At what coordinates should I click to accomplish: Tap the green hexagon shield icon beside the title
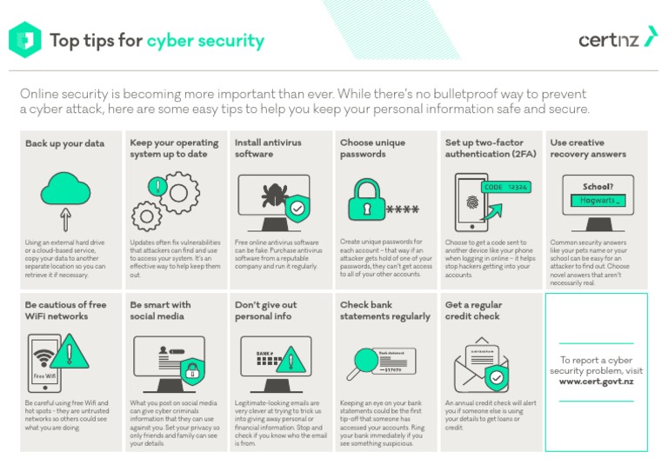(24, 39)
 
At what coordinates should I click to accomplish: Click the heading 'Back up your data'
(64, 143)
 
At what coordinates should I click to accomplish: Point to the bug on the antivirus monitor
(270, 193)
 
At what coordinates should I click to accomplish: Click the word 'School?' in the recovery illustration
(598, 186)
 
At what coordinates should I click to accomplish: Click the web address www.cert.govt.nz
(596, 382)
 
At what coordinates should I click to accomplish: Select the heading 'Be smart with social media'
(160, 311)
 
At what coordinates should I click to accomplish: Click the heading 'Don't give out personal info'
(265, 311)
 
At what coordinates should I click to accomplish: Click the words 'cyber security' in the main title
(205, 41)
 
